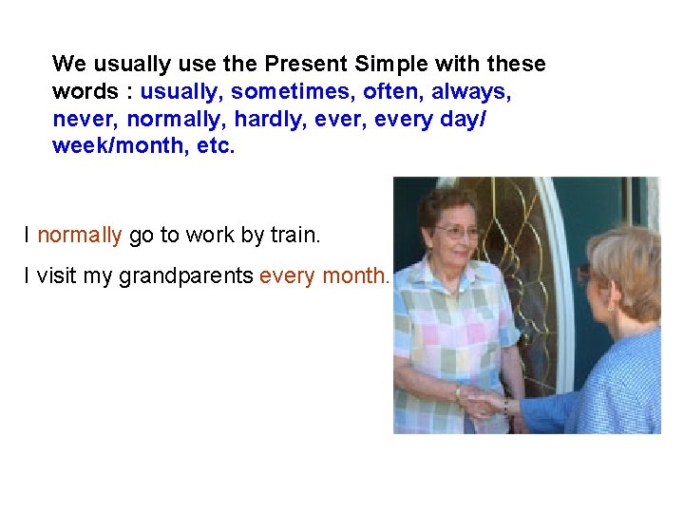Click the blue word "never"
[85, 120]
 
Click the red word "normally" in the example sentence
[80, 235]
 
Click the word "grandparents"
[186, 276]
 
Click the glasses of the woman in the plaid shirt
[458, 231]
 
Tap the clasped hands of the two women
[482, 402]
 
